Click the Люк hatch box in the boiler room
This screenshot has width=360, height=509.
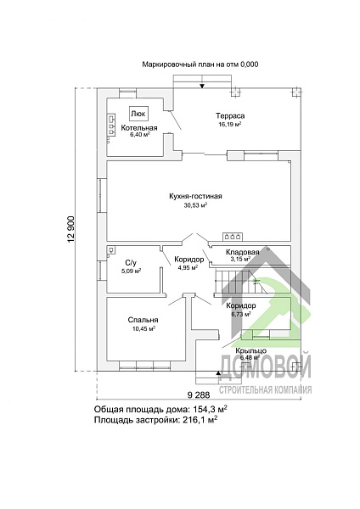(139, 114)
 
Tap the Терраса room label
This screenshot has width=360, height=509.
(230, 116)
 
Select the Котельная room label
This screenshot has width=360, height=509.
(139, 128)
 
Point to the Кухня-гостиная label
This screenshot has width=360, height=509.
(195, 197)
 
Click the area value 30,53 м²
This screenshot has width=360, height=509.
(195, 205)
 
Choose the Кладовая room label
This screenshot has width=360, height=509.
(242, 252)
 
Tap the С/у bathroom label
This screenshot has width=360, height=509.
(131, 262)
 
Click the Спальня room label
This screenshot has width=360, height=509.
(143, 320)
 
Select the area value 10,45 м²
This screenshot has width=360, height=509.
(143, 329)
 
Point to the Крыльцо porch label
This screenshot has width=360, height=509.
(251, 350)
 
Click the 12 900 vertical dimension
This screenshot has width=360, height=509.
(71, 229)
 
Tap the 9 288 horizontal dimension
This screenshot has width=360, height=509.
(199, 395)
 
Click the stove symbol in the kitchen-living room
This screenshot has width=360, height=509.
(233, 237)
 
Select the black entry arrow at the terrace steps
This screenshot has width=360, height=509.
(202, 86)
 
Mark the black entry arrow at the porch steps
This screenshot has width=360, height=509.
(219, 373)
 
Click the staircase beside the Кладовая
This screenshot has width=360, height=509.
(241, 282)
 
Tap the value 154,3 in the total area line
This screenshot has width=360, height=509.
(204, 408)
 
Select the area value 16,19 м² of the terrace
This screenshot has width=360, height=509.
(230, 125)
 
